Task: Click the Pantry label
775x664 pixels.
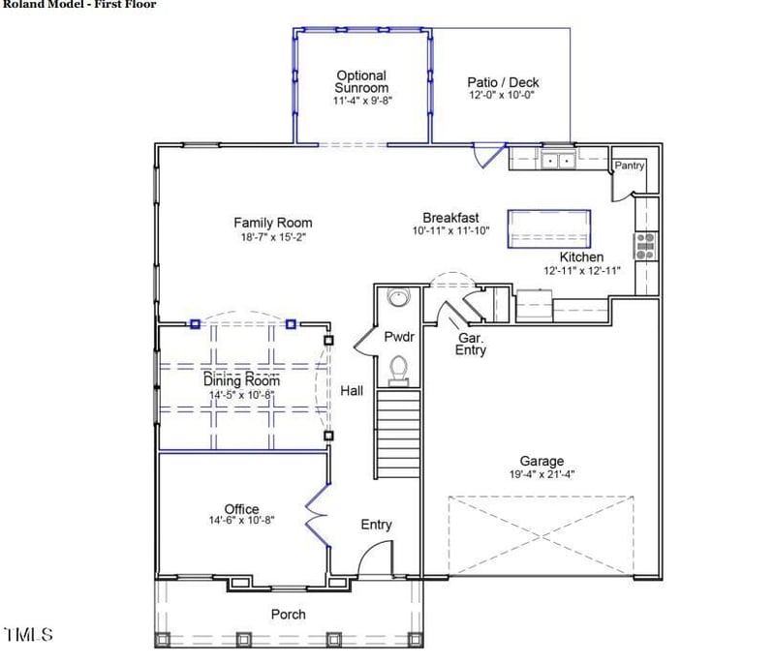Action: pyautogui.click(x=629, y=166)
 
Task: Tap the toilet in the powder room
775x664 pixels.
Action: pyautogui.click(x=398, y=368)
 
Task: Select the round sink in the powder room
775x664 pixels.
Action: pyautogui.click(x=398, y=297)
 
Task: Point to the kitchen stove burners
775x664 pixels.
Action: pyautogui.click(x=644, y=245)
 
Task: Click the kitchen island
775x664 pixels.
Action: pyautogui.click(x=548, y=226)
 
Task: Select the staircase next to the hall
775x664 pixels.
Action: pyautogui.click(x=396, y=434)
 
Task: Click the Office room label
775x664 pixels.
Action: pyautogui.click(x=241, y=509)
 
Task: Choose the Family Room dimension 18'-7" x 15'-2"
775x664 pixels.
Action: pyautogui.click(x=273, y=236)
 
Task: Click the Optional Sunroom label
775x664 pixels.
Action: pyautogui.click(x=361, y=81)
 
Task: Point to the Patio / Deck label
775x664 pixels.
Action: pyautogui.click(x=502, y=82)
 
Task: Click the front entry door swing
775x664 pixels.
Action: pyautogui.click(x=377, y=558)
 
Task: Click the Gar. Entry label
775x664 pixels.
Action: pyautogui.click(x=471, y=344)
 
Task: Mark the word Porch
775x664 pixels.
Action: pyautogui.click(x=288, y=614)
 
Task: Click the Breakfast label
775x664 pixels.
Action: pyautogui.click(x=450, y=218)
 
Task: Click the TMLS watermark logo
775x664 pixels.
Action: pyautogui.click(x=28, y=635)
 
